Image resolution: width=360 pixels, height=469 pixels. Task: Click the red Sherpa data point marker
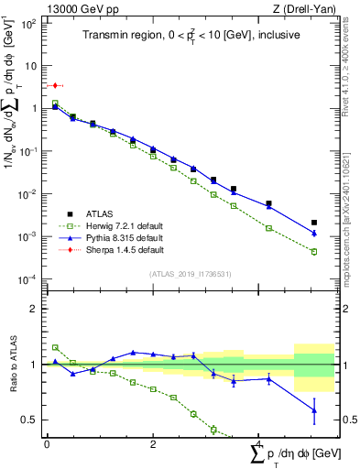55,85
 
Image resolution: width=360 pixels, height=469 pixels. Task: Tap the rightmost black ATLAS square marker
314,223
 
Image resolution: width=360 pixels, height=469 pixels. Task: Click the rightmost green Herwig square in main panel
314,251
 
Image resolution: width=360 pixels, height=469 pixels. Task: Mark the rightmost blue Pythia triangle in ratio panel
314,410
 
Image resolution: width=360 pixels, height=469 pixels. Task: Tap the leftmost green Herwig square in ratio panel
55,347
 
